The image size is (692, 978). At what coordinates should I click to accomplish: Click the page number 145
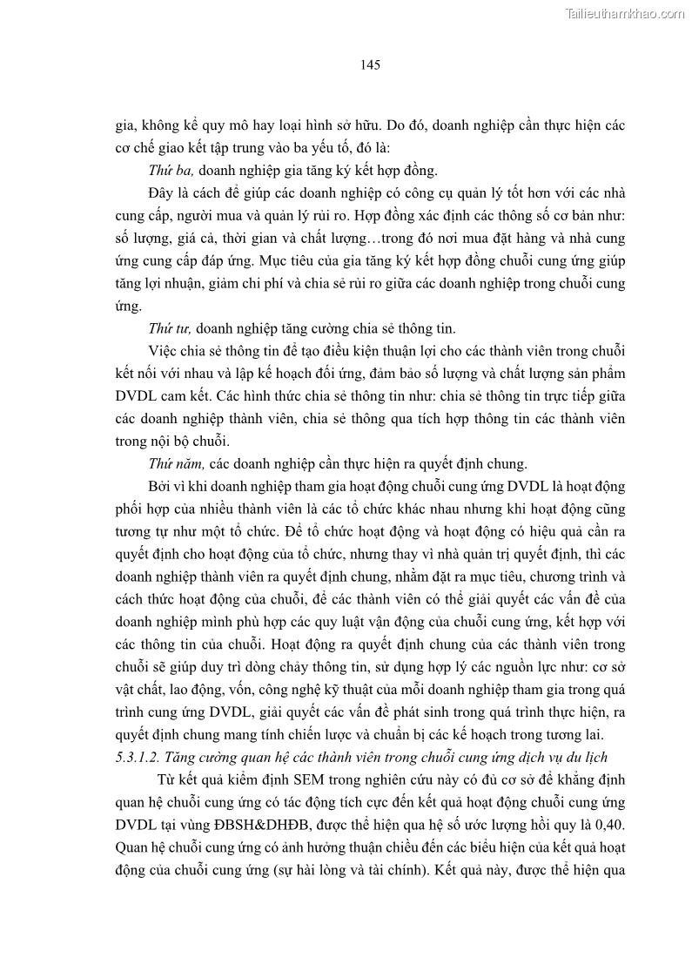pos(370,64)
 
